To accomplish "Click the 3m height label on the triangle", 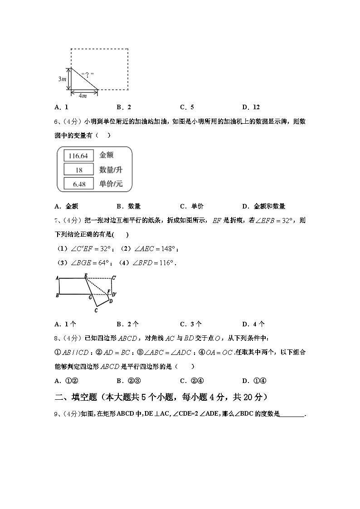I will pyautogui.click(x=62, y=79).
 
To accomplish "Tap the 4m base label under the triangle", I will pyautogui.click(x=83, y=96).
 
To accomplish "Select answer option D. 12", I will pyautogui.click(x=251, y=107).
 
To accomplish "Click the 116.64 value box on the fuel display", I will pyautogui.click(x=78, y=155).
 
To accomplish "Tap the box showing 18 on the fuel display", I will pyautogui.click(x=78, y=170).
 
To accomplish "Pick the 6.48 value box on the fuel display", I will pyautogui.click(x=78, y=184).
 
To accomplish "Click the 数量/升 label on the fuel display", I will pyautogui.click(x=111, y=170).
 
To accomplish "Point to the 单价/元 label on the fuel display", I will pyautogui.click(x=111, y=184).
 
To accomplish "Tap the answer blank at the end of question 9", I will pyautogui.click(x=293, y=414).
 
